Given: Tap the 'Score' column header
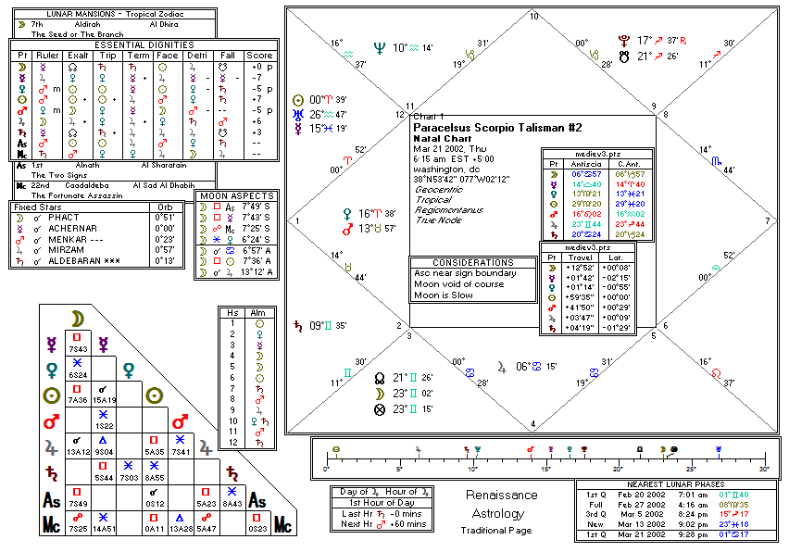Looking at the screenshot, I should [261, 55].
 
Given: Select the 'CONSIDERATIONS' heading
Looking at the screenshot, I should [472, 263].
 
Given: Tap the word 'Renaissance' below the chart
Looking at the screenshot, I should [500, 495].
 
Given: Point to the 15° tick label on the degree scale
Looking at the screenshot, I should [546, 469].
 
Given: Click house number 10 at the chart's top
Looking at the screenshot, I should [533, 16].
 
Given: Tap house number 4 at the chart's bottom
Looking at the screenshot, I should [532, 424].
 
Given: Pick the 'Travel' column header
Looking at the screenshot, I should [579, 257].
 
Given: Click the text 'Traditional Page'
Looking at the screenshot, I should [495, 531].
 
